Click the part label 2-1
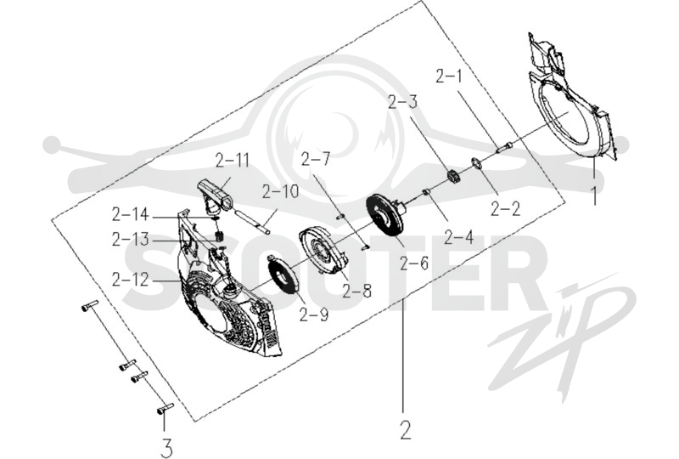pos(449,77)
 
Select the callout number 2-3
pos(402,102)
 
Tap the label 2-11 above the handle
pos(233,161)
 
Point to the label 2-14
pos(130,215)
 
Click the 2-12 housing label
pos(130,280)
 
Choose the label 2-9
pos(314,314)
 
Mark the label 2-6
pos(414,263)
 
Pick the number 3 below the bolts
pos(166,448)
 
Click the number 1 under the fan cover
pos(595,195)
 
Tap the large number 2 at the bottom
pos(406,430)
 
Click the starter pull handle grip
pos(215,195)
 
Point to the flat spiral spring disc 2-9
pos(282,275)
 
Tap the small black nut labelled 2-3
pos(453,177)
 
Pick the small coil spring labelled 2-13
pos(220,237)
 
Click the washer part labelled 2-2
pos(477,164)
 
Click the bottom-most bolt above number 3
pos(165,408)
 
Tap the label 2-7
pos(315,161)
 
